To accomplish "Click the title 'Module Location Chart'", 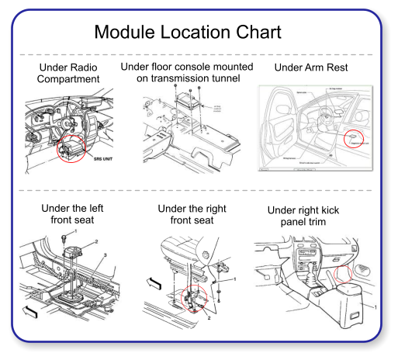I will coord(187,33).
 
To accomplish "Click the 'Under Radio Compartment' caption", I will coord(68,74).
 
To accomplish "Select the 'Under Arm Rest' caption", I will coord(311,68).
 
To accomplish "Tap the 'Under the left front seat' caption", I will coord(72,214).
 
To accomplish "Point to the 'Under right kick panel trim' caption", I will coord(303,216).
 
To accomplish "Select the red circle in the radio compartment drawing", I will coord(71,148).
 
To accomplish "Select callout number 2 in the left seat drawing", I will coord(96,242).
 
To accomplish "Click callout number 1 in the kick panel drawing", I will coord(376,308).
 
